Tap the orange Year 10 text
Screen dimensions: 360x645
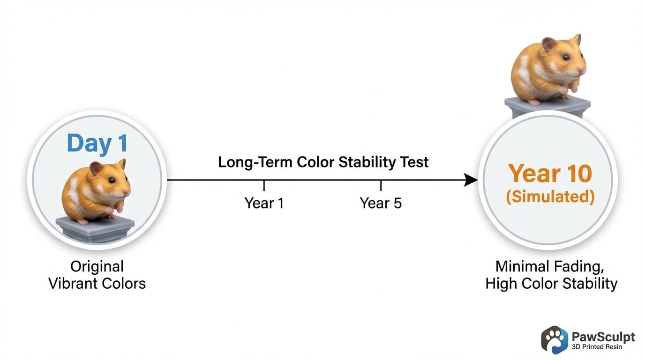[550, 173]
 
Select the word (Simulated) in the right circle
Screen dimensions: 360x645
[550, 197]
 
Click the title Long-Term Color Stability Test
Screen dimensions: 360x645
[323, 162]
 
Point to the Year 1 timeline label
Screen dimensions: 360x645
[264, 203]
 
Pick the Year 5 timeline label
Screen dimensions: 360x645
[381, 203]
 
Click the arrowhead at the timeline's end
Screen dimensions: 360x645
[471, 180]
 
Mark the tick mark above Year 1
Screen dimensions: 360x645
[264, 185]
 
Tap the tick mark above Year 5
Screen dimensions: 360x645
[381, 185]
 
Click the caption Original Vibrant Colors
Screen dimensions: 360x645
[97, 275]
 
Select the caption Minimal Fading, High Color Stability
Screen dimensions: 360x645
[551, 275]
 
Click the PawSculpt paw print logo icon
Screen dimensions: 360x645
[555, 339]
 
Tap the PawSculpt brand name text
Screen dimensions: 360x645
[603, 337]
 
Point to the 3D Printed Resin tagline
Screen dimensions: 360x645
[597, 347]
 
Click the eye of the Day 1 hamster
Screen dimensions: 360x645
[112, 180]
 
